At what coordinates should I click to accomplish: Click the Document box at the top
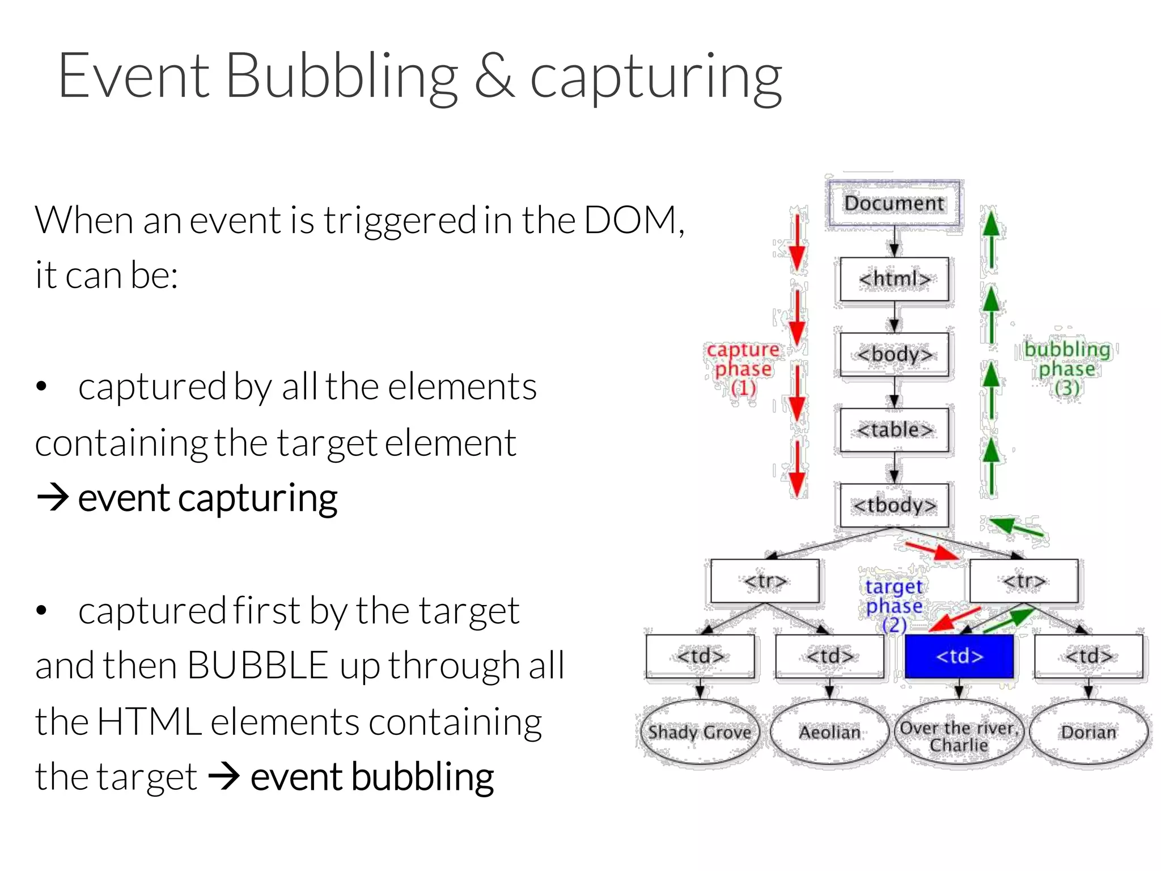tap(894, 203)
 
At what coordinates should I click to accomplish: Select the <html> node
tap(894, 279)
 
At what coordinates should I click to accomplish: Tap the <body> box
tap(894, 354)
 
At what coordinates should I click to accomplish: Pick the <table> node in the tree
tap(894, 430)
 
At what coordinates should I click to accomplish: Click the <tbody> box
tap(894, 505)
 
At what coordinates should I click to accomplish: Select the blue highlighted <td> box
tap(959, 656)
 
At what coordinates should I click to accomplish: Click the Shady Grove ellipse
tap(700, 732)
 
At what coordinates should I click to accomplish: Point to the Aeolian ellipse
tap(829, 732)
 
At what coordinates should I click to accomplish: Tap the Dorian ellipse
tap(1088, 732)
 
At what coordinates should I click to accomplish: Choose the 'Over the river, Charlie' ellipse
tap(959, 735)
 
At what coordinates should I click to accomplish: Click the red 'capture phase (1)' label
tap(743, 369)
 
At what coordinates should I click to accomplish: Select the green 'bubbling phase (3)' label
tap(1067, 369)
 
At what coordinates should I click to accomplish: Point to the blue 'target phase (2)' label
tap(894, 605)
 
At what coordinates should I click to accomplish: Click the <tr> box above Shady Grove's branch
tap(765, 581)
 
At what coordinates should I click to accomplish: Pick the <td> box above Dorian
tap(1088, 656)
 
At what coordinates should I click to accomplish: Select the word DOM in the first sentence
tap(629, 220)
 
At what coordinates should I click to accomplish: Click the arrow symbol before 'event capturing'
tap(53, 498)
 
